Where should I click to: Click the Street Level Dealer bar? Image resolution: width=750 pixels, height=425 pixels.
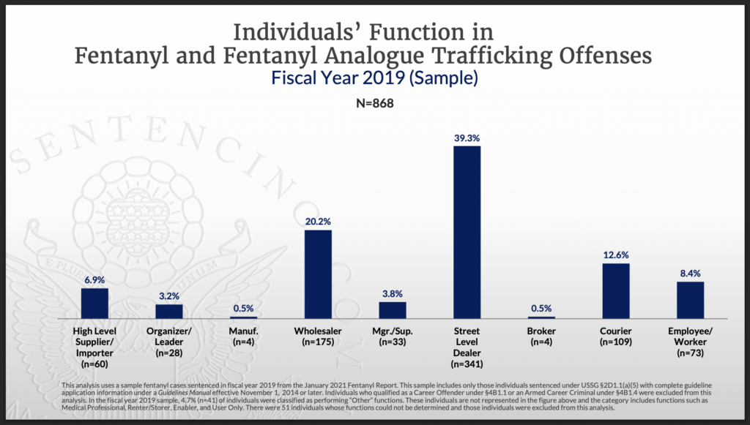467,232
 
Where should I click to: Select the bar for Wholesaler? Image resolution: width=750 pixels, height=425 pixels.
318,274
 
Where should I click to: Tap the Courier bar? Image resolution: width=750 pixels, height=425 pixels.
616,290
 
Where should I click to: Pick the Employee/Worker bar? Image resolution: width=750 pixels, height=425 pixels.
690,300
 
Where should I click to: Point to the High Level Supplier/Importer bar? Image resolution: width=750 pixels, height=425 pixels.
94,303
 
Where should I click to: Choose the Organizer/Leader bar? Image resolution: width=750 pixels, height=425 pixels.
169,311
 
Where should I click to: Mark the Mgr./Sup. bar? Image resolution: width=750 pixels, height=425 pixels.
393,309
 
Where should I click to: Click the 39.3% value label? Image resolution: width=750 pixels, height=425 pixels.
467,137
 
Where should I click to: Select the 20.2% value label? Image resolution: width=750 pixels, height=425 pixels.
318,220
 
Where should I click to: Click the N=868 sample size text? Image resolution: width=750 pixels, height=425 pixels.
374,104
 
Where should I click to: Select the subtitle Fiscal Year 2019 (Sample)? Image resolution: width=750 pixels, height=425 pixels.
374,78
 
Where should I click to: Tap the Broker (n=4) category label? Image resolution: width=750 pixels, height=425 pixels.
541,336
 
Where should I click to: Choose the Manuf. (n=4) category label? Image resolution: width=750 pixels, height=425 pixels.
243,336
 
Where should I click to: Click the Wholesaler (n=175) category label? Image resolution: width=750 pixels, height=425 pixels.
318,336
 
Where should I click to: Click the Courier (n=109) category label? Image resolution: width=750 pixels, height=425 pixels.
616,336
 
